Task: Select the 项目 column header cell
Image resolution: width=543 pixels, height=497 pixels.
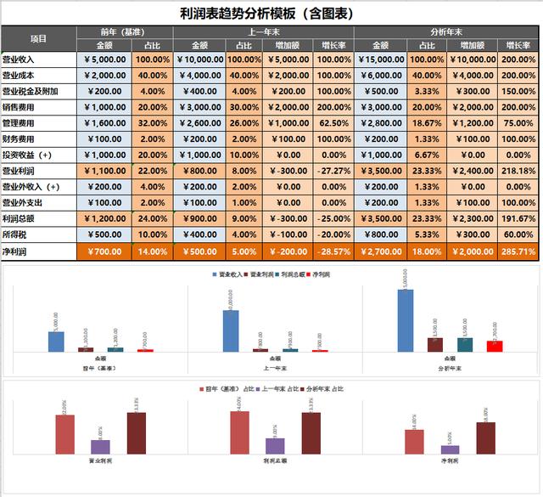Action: [x=39, y=39]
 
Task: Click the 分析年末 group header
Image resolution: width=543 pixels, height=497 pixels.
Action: [x=448, y=31]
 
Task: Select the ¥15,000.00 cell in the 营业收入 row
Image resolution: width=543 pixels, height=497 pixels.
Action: [x=380, y=59]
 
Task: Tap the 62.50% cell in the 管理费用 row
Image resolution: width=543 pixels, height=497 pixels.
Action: [x=333, y=122]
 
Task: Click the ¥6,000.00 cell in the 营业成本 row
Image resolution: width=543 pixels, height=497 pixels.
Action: [x=380, y=75]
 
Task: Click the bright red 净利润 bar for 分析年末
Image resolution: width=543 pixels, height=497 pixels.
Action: [x=495, y=346]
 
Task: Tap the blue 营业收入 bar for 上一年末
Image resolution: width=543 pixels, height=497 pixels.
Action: [x=231, y=330]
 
